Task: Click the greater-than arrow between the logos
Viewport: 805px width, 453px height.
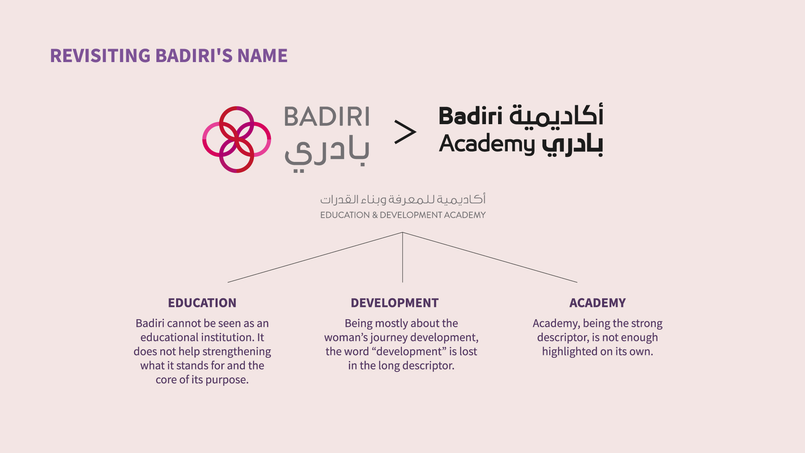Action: point(405,132)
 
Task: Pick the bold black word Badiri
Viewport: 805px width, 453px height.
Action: point(470,116)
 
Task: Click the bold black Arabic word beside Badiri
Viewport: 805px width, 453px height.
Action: point(556,115)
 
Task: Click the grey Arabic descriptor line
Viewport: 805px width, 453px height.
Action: point(403,199)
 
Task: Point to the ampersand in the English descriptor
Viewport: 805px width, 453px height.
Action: point(375,215)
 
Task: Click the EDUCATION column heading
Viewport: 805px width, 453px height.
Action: point(202,303)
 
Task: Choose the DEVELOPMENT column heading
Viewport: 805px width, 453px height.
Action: point(395,303)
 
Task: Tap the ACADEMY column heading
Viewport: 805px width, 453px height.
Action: point(597,303)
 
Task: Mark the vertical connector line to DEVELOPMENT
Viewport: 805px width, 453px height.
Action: point(402,257)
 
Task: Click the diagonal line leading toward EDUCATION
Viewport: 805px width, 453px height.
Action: point(315,257)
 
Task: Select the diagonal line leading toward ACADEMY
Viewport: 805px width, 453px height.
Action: point(490,257)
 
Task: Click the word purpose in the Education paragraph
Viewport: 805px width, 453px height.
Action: point(227,380)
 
